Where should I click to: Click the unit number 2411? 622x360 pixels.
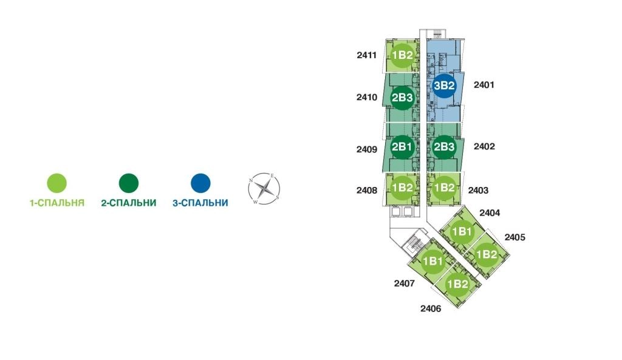tap(366, 55)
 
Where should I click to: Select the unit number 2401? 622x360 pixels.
tap(484, 84)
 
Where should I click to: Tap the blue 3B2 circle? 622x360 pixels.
tap(444, 86)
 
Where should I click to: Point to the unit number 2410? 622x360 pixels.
tap(366, 97)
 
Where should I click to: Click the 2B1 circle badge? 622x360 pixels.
tap(402, 147)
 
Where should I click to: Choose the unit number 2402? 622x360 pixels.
tap(484, 146)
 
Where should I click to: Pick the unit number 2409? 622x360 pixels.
tap(366, 149)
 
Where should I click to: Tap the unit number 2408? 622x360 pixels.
tap(366, 190)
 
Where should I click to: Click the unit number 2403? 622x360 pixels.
tap(478, 190)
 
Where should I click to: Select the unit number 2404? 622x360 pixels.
tap(490, 213)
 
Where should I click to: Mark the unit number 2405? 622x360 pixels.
tap(515, 237)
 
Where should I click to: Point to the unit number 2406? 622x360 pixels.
tap(431, 308)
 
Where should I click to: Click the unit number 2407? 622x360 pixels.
tap(404, 283)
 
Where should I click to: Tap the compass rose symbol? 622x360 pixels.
tap(264, 189)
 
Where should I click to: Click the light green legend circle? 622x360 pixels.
tap(56, 183)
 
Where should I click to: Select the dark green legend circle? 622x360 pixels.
tap(129, 183)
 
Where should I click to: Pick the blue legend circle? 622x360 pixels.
tap(200, 183)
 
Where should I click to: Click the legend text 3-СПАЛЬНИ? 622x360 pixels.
tap(200, 203)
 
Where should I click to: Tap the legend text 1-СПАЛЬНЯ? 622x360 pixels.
tap(57, 203)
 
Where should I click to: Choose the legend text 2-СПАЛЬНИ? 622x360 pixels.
tap(129, 203)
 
